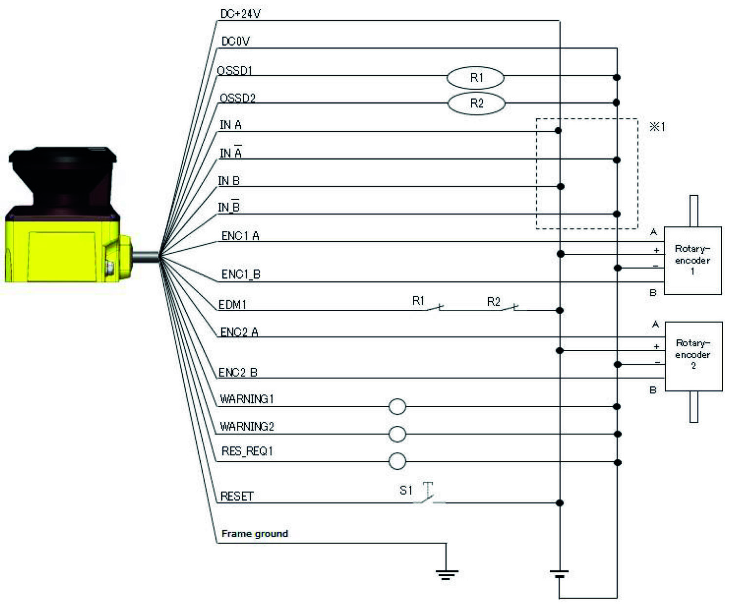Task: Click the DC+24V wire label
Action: (240, 14)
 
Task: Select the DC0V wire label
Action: (235, 41)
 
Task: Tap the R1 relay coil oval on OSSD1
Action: (476, 77)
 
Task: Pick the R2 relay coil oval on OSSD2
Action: (476, 103)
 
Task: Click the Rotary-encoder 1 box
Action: (693, 260)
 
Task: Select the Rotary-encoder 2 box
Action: (693, 356)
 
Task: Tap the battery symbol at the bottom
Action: (559, 573)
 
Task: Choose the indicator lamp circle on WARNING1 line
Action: (397, 406)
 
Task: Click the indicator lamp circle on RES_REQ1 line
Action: (397, 461)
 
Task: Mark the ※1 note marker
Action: (657, 127)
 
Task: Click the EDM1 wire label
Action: (232, 305)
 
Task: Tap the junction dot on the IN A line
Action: (558, 131)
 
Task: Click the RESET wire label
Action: (237, 496)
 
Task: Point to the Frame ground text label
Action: (254, 533)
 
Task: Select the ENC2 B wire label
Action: (238, 373)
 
